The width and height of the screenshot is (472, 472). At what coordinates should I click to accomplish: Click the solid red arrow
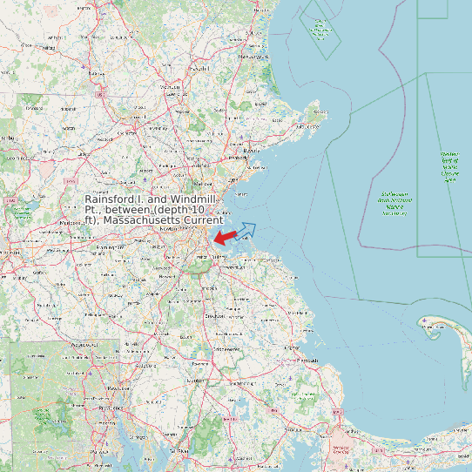coord(225,237)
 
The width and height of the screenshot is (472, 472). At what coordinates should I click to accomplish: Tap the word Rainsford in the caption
coord(113,200)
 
